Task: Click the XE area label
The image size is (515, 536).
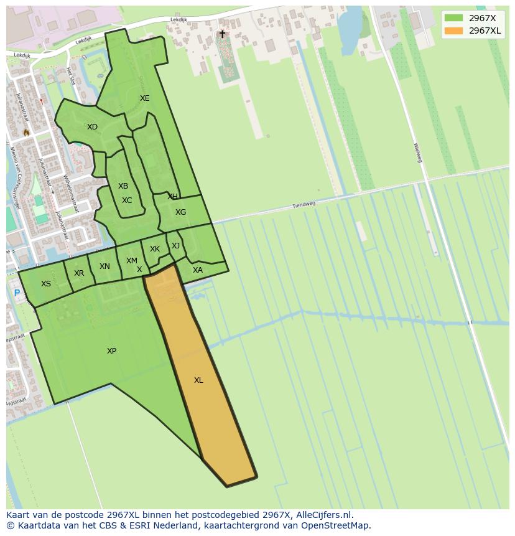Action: tap(144, 98)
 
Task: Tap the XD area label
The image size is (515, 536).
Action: tap(92, 127)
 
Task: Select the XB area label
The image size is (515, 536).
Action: tap(123, 186)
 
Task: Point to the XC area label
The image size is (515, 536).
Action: tap(127, 200)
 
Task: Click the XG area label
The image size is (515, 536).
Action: tap(180, 212)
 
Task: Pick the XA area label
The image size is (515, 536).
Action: tap(198, 270)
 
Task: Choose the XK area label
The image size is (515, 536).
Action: tap(155, 249)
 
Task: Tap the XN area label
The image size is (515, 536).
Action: tap(104, 266)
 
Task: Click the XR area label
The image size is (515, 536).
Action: tap(79, 273)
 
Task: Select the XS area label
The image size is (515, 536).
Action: tap(46, 284)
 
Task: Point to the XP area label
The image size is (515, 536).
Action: tap(111, 351)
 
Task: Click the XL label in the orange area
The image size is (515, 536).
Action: tap(198, 380)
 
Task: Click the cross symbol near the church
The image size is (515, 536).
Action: tap(222, 34)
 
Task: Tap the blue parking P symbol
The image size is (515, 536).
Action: tap(17, 293)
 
